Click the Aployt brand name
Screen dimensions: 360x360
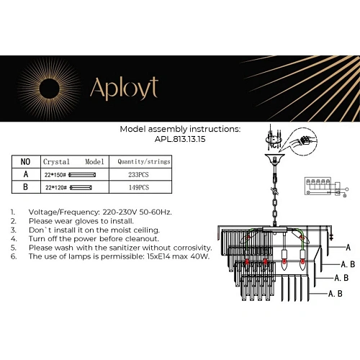pyautogui.click(x=123, y=88)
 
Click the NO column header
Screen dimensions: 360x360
pyautogui.click(x=25, y=162)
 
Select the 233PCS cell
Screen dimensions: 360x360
pyautogui.click(x=140, y=174)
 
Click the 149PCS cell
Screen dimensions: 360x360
pyautogui.click(x=140, y=187)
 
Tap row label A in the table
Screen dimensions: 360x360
pyautogui.click(x=25, y=174)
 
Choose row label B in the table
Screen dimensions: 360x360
pyautogui.click(x=25, y=187)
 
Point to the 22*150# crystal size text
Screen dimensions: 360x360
pyautogui.click(x=55, y=174)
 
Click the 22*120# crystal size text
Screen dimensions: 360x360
pyautogui.click(x=55, y=187)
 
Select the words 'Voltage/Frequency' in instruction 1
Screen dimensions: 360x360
pyautogui.click(x=58, y=213)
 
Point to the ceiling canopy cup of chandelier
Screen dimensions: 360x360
pyautogui.click(x=273, y=159)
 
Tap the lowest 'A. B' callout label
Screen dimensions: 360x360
pyautogui.click(x=335, y=294)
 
